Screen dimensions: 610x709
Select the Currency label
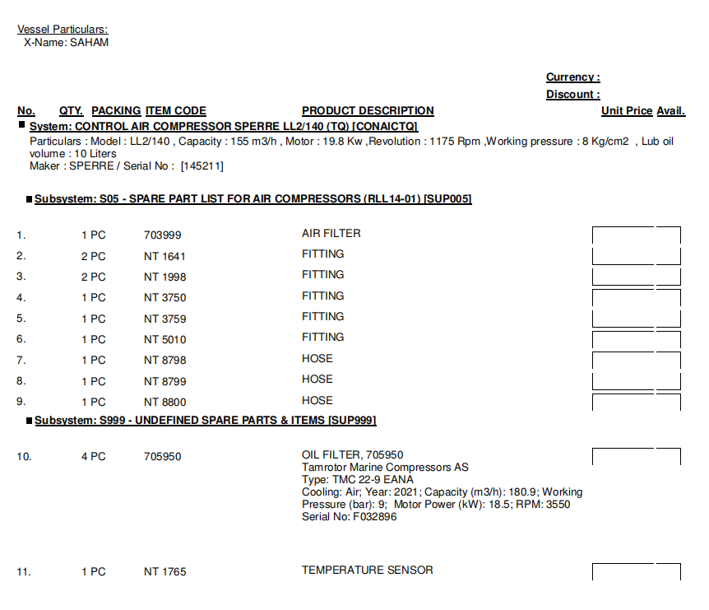(x=572, y=77)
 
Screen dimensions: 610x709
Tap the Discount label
(x=572, y=95)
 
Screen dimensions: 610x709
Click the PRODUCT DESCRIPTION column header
(x=368, y=111)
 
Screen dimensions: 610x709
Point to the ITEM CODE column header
(x=175, y=111)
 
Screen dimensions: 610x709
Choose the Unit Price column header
(x=626, y=111)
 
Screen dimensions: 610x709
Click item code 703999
(x=162, y=235)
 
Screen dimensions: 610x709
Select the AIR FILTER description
(x=331, y=234)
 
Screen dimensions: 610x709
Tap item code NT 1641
(x=165, y=256)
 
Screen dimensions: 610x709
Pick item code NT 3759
(x=165, y=319)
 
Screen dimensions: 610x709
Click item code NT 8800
(x=165, y=403)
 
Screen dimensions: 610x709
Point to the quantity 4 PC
(x=93, y=457)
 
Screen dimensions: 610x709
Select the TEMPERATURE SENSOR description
(x=367, y=570)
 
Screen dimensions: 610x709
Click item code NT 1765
(x=165, y=572)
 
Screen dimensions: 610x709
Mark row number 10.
(x=24, y=457)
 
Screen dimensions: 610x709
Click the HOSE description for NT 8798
(x=317, y=359)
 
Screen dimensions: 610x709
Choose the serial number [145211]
(x=202, y=166)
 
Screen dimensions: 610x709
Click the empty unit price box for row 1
(x=623, y=235)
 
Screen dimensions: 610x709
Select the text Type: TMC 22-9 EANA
(x=358, y=480)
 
